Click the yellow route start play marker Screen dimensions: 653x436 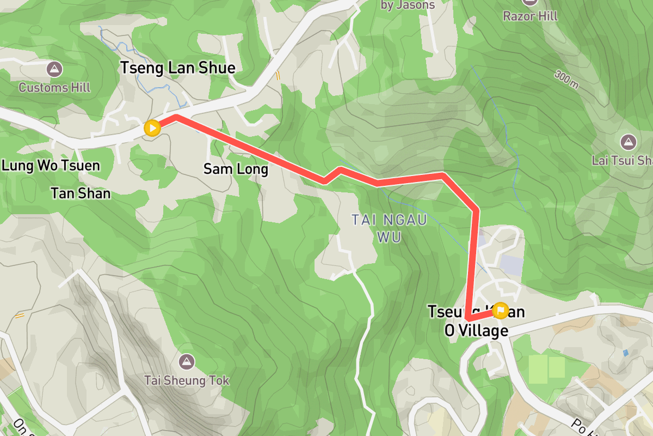click(x=152, y=128)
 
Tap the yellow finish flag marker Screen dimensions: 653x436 click(x=500, y=311)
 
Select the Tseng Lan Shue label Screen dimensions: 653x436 click(x=177, y=68)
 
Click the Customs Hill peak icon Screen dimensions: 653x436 click(x=54, y=69)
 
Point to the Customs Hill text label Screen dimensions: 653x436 click(x=54, y=88)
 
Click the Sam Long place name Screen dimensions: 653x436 click(x=236, y=169)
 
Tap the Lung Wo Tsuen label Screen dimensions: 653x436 click(x=51, y=166)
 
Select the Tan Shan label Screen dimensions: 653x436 click(x=81, y=193)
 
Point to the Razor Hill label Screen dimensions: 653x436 click(x=530, y=16)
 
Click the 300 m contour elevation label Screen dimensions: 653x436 click(x=566, y=80)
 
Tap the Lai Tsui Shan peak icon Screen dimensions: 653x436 click(x=629, y=142)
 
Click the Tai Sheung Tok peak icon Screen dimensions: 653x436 click(x=187, y=361)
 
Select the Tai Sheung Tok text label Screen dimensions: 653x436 click(x=187, y=380)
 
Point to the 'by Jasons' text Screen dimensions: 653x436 click(x=408, y=5)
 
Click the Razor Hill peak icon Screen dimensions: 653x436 click(x=530, y=2)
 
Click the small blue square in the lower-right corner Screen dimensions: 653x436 click(x=625, y=353)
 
